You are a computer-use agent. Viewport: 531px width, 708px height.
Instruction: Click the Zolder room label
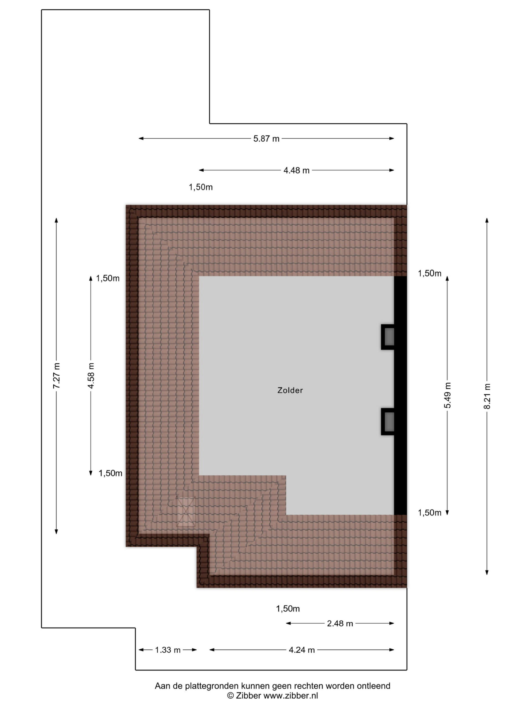(290, 390)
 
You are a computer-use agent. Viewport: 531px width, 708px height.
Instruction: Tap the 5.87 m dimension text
(266, 139)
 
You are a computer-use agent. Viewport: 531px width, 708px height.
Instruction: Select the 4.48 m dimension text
(296, 170)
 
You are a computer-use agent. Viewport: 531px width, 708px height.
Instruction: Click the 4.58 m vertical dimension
(91, 376)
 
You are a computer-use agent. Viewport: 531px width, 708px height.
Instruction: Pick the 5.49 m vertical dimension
(447, 395)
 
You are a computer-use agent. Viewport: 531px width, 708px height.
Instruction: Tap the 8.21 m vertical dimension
(487, 396)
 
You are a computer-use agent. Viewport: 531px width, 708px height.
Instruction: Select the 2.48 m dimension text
(340, 623)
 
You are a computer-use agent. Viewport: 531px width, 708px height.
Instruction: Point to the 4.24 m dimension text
(301, 650)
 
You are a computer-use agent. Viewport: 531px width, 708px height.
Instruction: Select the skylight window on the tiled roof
(186, 511)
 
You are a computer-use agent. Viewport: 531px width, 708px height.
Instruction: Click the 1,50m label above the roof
(201, 187)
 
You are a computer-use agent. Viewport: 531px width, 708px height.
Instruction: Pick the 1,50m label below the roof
(288, 609)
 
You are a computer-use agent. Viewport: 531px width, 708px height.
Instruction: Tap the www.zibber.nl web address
(291, 696)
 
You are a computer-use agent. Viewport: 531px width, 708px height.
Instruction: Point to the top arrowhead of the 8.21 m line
(487, 220)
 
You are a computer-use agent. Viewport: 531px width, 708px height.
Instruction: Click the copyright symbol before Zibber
(230, 696)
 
